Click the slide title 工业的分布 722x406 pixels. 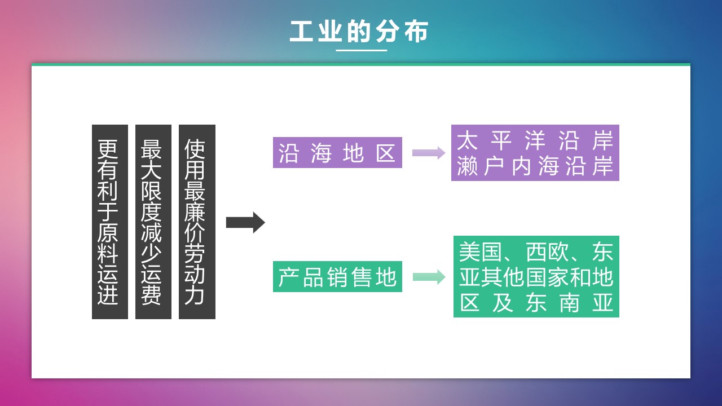(359, 32)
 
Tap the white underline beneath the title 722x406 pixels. (362, 50)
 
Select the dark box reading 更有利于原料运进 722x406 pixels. (109, 222)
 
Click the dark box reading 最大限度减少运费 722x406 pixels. (153, 222)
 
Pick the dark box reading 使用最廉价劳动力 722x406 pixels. (197, 222)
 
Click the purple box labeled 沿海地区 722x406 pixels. (337, 152)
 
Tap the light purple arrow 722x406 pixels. (429, 153)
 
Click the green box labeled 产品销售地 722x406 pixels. (337, 276)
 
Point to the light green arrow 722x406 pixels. (429, 276)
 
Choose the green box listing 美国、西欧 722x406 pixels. (536, 276)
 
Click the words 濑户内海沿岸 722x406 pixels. (535, 167)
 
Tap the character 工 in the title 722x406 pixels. (301, 32)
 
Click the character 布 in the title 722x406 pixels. (416, 32)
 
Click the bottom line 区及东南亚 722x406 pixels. (536, 303)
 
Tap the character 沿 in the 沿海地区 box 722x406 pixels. (288, 153)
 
